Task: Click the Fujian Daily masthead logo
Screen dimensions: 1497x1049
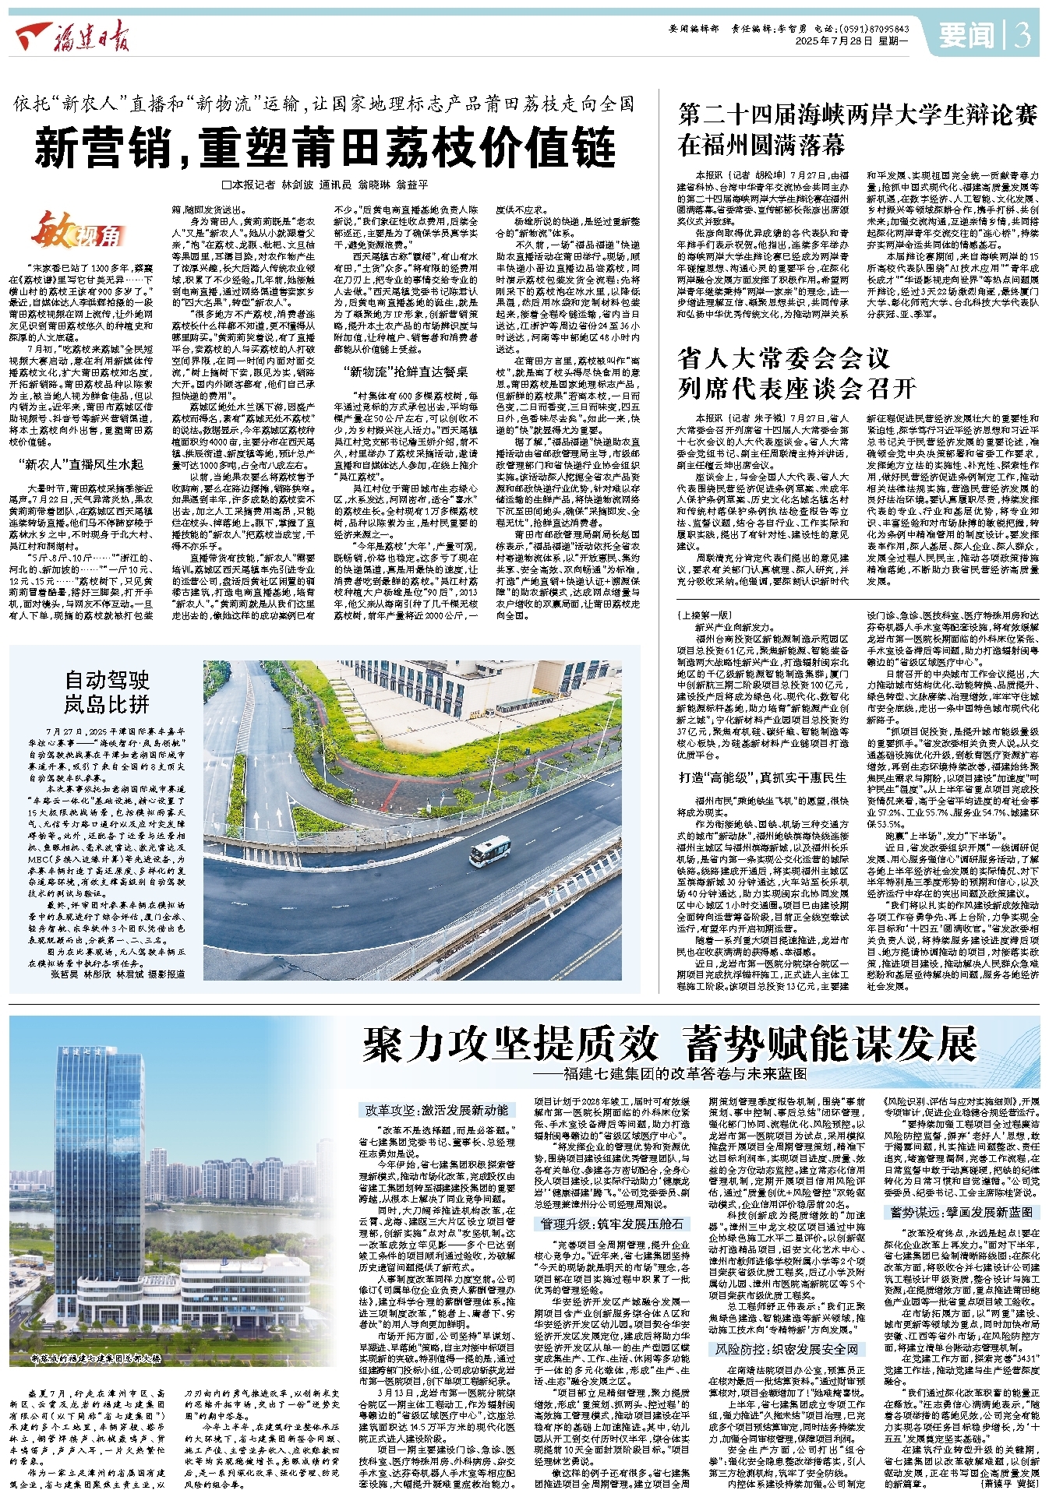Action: click(74, 36)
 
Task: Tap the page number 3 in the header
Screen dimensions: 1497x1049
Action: click(1022, 35)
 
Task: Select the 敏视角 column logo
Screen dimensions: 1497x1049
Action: click(77, 231)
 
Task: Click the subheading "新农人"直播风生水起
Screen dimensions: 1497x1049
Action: click(80, 464)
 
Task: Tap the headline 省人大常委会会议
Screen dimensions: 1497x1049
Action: click(783, 358)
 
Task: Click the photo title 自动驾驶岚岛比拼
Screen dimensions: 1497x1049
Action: click(107, 692)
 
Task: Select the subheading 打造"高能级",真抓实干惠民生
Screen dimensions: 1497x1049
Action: click(762, 777)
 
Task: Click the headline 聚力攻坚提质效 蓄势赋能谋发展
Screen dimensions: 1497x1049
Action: click(669, 1044)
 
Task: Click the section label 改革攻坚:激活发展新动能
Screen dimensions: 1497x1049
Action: click(436, 1109)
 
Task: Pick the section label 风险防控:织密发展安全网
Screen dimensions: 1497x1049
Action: click(787, 1349)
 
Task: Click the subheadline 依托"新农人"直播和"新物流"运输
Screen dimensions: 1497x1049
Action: click(324, 104)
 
